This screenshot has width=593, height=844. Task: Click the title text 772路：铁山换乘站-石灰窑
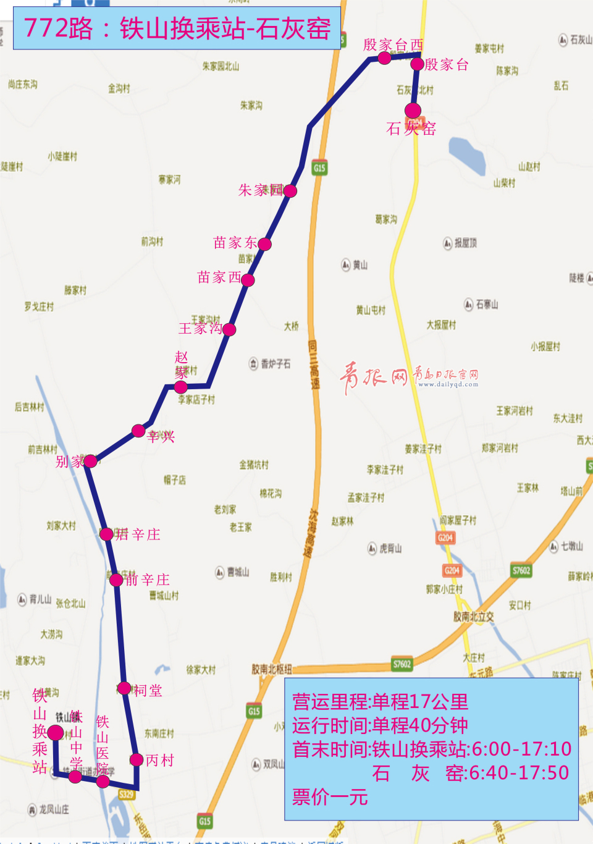pyautogui.click(x=177, y=28)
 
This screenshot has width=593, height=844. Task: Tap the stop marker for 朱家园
pyautogui.click(x=290, y=191)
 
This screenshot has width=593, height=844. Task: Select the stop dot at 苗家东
pyautogui.click(x=265, y=244)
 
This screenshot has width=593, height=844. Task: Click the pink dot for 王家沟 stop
pyautogui.click(x=229, y=329)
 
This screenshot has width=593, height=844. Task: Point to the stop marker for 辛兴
pyautogui.click(x=138, y=431)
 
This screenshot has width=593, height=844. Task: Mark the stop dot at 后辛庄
pyautogui.click(x=106, y=534)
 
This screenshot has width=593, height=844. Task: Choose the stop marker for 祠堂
pyautogui.click(x=124, y=688)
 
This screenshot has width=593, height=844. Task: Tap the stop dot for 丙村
pyautogui.click(x=137, y=760)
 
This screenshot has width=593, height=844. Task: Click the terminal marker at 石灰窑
pyautogui.click(x=413, y=111)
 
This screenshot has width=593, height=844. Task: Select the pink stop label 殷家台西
pyautogui.click(x=393, y=44)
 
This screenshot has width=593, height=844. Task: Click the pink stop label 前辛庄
pyautogui.click(x=148, y=580)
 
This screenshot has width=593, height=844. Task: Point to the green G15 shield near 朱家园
pyautogui.click(x=319, y=168)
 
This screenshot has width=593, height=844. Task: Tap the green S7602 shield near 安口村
pyautogui.click(x=521, y=570)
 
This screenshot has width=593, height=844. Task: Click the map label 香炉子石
pyautogui.click(x=275, y=364)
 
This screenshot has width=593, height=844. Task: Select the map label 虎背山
pyautogui.click(x=390, y=548)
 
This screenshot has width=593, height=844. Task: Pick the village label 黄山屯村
pyautogui.click(x=371, y=310)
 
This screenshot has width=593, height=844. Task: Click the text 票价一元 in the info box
pyautogui.click(x=330, y=797)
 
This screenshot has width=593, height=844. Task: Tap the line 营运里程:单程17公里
pyautogui.click(x=381, y=702)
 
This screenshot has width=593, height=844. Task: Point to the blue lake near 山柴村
pyautogui.click(x=467, y=155)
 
